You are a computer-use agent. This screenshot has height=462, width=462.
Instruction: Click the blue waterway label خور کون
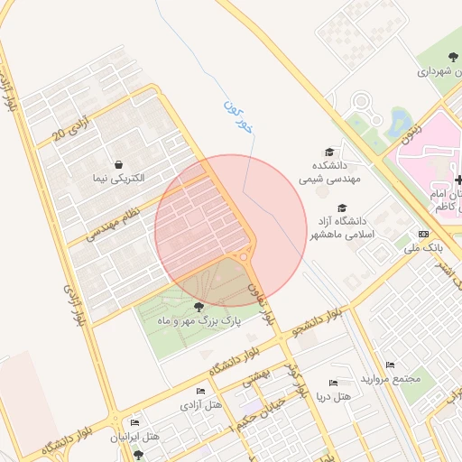click(x=239, y=116)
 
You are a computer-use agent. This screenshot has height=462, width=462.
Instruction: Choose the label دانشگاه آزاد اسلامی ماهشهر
click(x=339, y=227)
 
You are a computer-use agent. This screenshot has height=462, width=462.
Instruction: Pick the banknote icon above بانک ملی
click(x=423, y=233)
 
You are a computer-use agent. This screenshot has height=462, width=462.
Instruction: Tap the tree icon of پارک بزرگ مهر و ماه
click(x=198, y=306)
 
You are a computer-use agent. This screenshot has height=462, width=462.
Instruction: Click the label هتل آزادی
click(x=202, y=407)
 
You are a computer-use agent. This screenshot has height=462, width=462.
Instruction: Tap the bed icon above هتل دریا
click(x=334, y=383)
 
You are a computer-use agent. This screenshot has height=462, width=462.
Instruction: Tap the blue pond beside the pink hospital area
click(x=400, y=122)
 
